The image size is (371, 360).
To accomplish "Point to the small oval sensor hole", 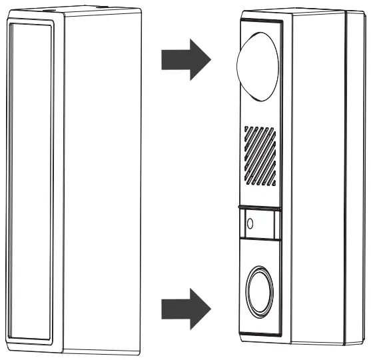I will pyautogui.click(x=250, y=221).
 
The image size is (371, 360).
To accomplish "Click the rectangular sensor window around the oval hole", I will pyautogui.click(x=260, y=222).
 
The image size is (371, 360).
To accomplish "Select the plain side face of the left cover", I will pyautogui.click(x=103, y=180).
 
